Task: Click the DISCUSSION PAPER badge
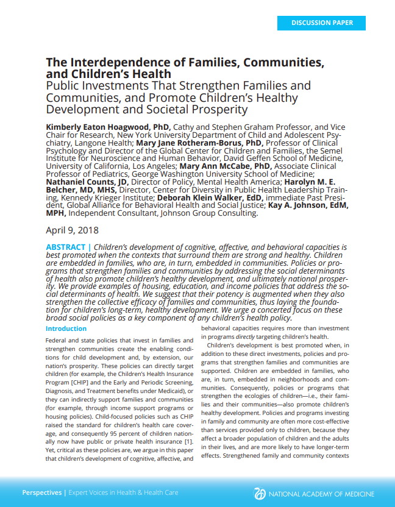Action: tap(321, 23)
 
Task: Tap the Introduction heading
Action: tap(66, 328)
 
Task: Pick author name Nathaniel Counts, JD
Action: tap(87, 182)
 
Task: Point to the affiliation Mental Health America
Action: tap(223, 182)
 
